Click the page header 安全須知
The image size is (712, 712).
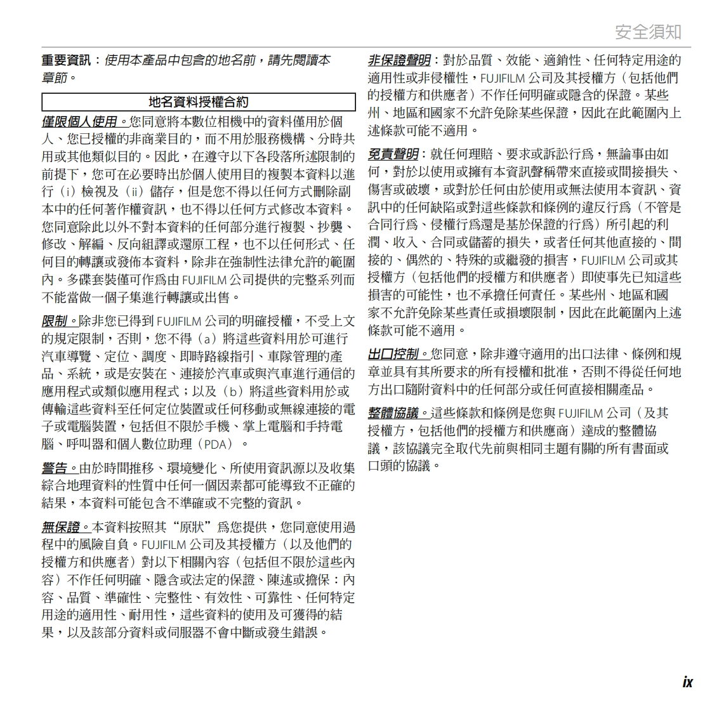pyautogui.click(x=648, y=32)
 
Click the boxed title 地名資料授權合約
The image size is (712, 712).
pyautogui.click(x=198, y=102)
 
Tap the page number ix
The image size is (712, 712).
pyautogui.click(x=687, y=682)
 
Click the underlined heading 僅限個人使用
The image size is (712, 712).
pyautogui.click(x=79, y=121)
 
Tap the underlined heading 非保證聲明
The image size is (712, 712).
pyautogui.click(x=399, y=60)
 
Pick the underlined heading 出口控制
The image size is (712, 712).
pyautogui.click(x=393, y=353)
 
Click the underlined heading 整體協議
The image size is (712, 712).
pyautogui.click(x=393, y=413)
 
